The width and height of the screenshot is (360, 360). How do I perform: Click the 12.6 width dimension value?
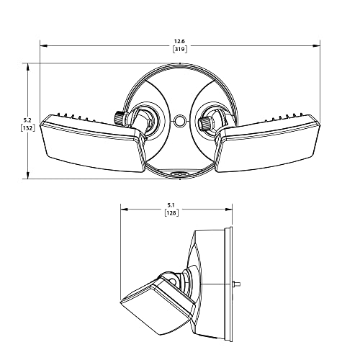point(180,42)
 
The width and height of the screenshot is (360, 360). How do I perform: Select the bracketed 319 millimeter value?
point(180,49)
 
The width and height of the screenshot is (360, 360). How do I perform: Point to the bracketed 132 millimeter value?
point(28,128)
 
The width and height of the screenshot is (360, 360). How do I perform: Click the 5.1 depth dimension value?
point(171,205)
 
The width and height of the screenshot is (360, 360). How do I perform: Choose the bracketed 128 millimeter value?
point(172,212)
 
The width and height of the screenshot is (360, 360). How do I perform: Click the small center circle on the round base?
point(180,120)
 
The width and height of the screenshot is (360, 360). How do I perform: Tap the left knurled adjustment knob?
point(120,117)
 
